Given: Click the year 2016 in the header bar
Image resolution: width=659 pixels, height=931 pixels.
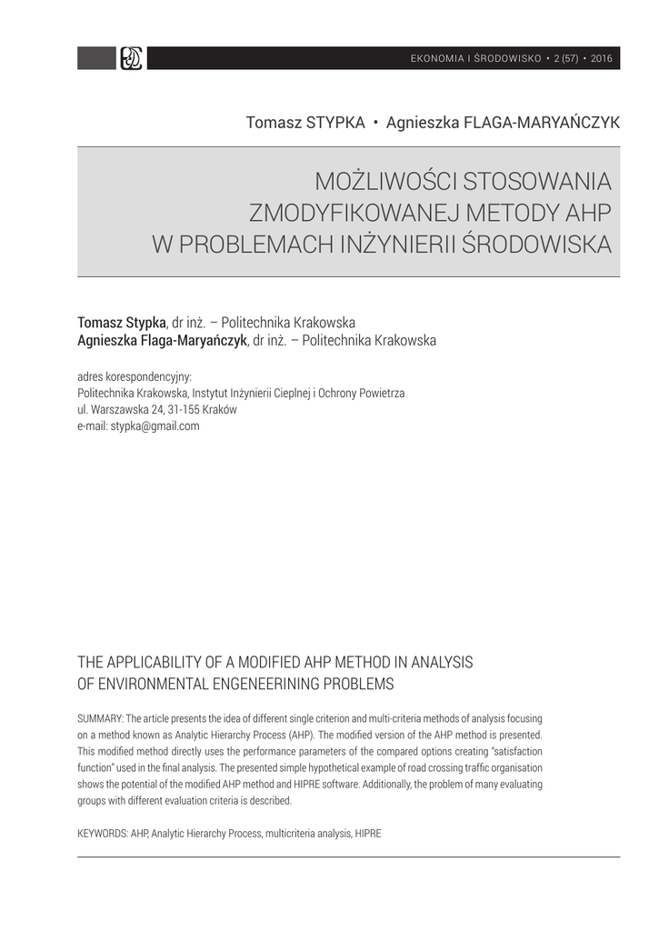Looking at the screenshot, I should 602,59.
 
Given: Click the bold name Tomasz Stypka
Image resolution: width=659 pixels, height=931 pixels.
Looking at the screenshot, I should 122,323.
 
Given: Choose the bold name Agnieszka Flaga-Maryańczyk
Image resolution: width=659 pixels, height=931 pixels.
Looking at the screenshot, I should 162,341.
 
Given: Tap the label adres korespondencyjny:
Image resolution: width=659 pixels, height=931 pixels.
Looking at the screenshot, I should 135,377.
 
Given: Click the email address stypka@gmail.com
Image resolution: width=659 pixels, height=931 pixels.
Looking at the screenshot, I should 155,425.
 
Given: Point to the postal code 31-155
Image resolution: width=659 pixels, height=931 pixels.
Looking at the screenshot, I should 182,410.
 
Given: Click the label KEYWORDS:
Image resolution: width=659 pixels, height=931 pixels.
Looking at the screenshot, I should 102,832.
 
